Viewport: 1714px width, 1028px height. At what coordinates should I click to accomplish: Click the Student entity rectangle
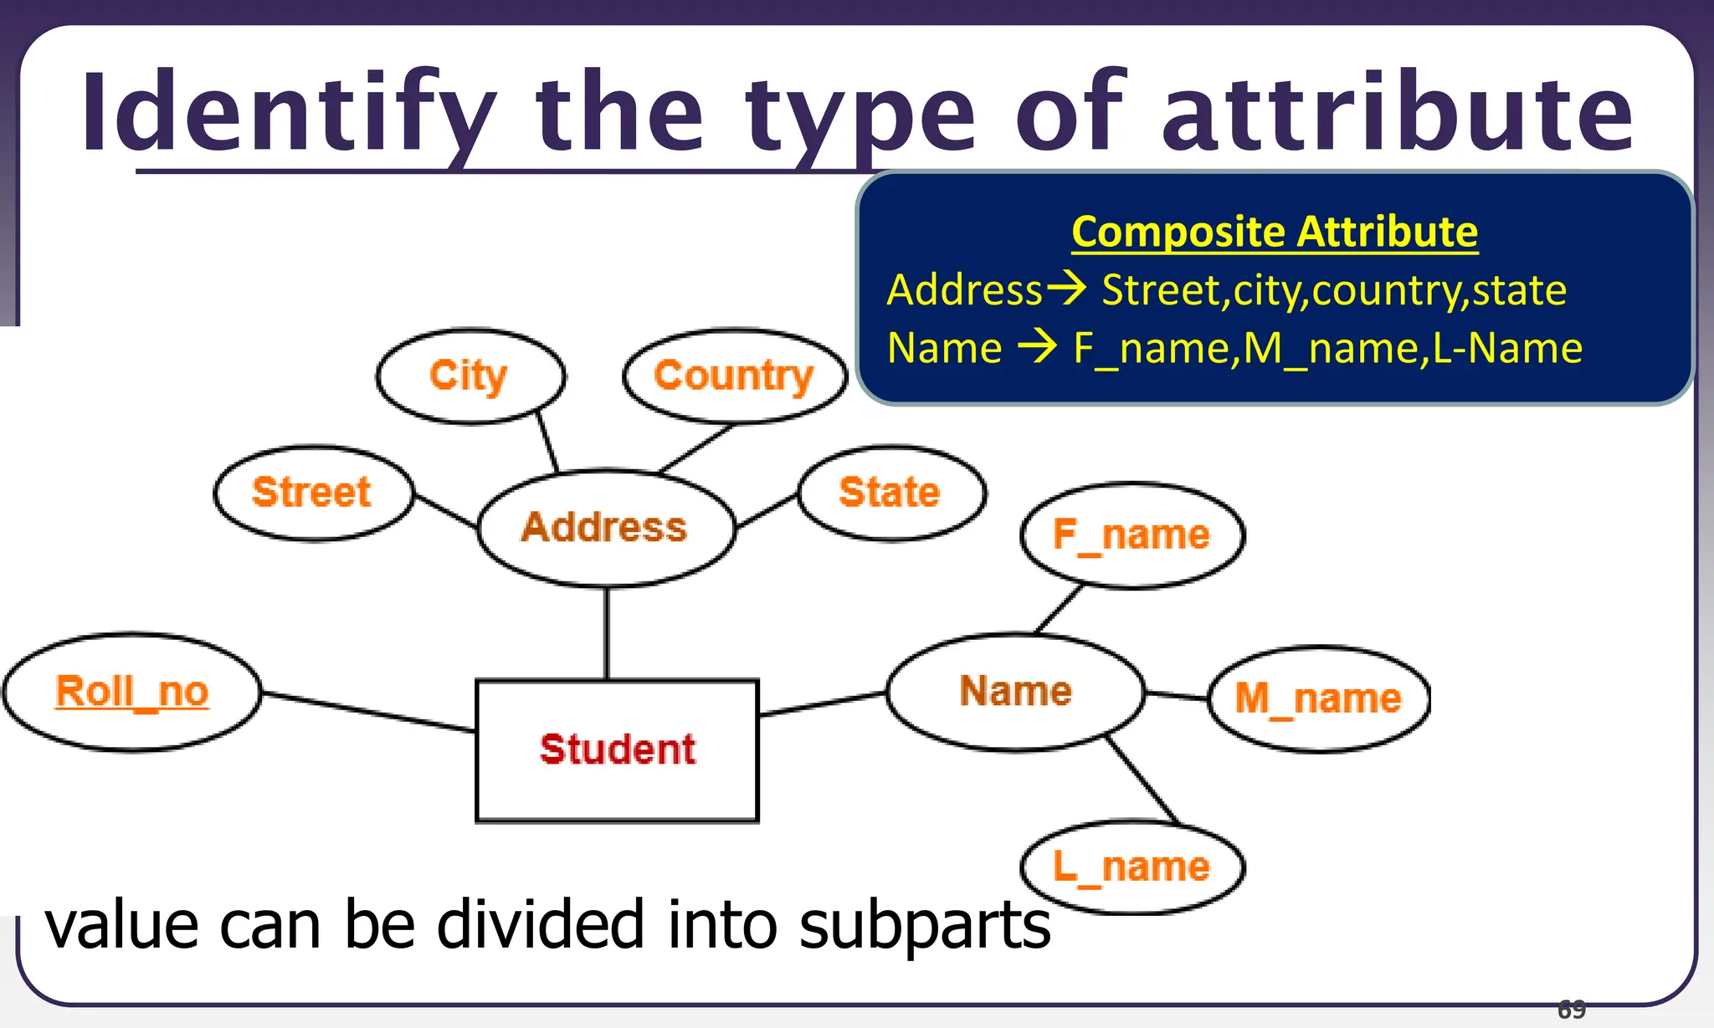pyautogui.click(x=617, y=750)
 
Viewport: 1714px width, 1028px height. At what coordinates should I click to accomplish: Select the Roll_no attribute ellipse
pyautogui.click(x=132, y=693)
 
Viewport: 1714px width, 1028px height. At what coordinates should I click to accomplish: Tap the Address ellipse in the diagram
pyautogui.click(x=605, y=528)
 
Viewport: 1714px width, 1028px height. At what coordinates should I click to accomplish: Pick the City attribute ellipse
pyautogui.click(x=470, y=376)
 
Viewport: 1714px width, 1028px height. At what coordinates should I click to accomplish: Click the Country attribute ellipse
pyautogui.click(x=734, y=376)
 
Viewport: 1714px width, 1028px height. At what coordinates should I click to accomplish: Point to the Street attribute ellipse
pyautogui.click(x=312, y=492)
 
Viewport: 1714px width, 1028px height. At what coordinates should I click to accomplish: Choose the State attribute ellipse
pyautogui.click(x=890, y=493)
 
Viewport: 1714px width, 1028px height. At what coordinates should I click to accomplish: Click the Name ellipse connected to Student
pyautogui.click(x=1015, y=692)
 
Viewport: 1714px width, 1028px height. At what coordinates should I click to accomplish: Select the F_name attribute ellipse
pyautogui.click(x=1132, y=535)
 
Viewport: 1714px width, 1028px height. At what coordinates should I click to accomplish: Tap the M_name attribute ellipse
pyautogui.click(x=1318, y=698)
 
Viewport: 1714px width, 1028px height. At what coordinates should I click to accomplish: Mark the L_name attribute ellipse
pyautogui.click(x=1132, y=867)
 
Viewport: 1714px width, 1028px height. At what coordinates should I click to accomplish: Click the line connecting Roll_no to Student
pyautogui.click(x=368, y=712)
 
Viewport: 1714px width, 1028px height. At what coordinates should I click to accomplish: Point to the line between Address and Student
pyautogui.click(x=607, y=633)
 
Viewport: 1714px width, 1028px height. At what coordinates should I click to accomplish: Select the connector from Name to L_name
pyautogui.click(x=1143, y=780)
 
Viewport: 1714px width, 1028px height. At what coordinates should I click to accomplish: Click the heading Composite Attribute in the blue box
pyautogui.click(x=1274, y=232)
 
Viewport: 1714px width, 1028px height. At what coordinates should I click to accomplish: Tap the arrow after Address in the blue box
pyautogui.click(x=1067, y=289)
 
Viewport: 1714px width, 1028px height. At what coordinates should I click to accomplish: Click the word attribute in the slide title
pyautogui.click(x=1397, y=113)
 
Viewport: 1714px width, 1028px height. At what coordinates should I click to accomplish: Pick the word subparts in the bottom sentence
pyautogui.click(x=924, y=925)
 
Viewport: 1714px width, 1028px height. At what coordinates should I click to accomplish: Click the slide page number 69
pyautogui.click(x=1571, y=1010)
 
